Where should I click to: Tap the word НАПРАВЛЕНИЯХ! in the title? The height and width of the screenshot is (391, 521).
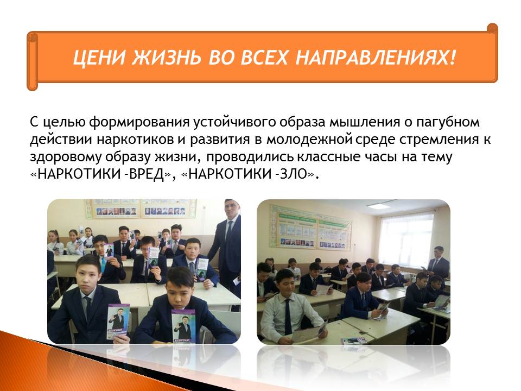point(375,57)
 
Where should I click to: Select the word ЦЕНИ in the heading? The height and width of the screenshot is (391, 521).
point(99,57)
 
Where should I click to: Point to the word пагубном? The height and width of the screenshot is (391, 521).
point(448,122)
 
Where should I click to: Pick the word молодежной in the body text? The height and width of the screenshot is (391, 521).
point(309,140)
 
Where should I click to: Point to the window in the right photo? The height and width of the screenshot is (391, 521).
point(406,239)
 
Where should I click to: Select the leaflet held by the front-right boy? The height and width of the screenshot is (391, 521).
point(183,326)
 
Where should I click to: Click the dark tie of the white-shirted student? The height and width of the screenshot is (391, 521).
point(288,316)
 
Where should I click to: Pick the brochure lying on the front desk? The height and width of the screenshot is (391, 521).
point(353,340)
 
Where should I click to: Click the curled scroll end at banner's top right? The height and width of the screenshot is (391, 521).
point(492,29)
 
